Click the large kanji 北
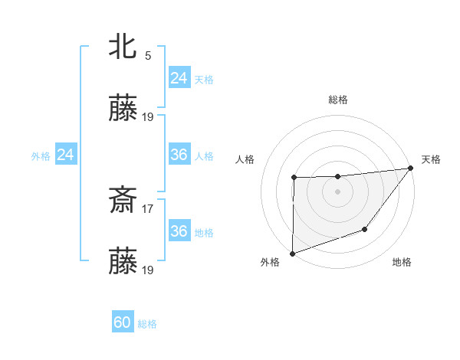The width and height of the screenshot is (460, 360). [x=123, y=48]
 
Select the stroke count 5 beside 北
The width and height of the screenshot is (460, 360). [x=148, y=56]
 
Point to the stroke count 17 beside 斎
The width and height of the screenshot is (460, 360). [x=148, y=207]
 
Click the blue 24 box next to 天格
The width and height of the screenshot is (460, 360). [x=179, y=78]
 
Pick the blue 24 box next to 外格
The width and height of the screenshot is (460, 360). [x=65, y=155]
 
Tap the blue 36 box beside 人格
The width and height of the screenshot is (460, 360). [x=179, y=155]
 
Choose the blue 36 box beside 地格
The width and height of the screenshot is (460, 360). [x=179, y=232]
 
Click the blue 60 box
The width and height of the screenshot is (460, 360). [x=123, y=323]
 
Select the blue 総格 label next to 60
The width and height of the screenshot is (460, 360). [x=147, y=324]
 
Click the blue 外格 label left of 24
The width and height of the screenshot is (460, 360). [x=41, y=156]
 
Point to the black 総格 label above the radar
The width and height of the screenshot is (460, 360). [x=338, y=100]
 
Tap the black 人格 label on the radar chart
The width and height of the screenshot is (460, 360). [x=245, y=159]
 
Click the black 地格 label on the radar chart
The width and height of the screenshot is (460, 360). [x=402, y=263]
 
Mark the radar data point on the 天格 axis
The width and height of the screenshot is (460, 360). [x=410, y=168]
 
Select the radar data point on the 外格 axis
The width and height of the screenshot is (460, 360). [x=292, y=253]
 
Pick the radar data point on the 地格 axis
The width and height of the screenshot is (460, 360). [x=366, y=229]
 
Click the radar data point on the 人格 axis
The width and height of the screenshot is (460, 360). [x=294, y=178]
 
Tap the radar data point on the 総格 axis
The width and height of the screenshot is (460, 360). [x=337, y=177]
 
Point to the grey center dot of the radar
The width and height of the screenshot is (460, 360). [x=337, y=191]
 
